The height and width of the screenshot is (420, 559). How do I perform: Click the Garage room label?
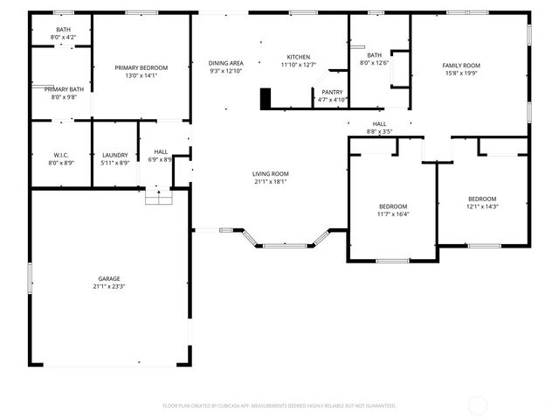point(110,277)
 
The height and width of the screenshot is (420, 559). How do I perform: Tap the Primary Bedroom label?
point(141,67)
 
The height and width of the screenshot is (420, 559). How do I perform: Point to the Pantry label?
point(332,92)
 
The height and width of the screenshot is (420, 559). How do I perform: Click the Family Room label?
point(461,66)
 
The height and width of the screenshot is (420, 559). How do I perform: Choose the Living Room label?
point(271,174)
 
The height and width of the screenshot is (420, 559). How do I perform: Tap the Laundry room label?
point(115,155)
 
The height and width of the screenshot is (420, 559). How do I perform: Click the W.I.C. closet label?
point(61,155)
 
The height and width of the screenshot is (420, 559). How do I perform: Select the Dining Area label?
point(225,63)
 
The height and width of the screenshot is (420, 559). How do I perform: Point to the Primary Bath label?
point(65,89)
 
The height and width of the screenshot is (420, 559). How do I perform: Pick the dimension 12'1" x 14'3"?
point(481,206)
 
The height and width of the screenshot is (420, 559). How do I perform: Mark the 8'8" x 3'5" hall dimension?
point(380,131)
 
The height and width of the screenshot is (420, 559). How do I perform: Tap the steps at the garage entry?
point(158,199)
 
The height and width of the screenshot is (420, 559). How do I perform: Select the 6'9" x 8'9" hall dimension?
point(161,159)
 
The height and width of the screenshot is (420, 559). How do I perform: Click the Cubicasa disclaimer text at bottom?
point(279,405)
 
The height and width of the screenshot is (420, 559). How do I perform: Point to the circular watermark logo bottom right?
point(479,405)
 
